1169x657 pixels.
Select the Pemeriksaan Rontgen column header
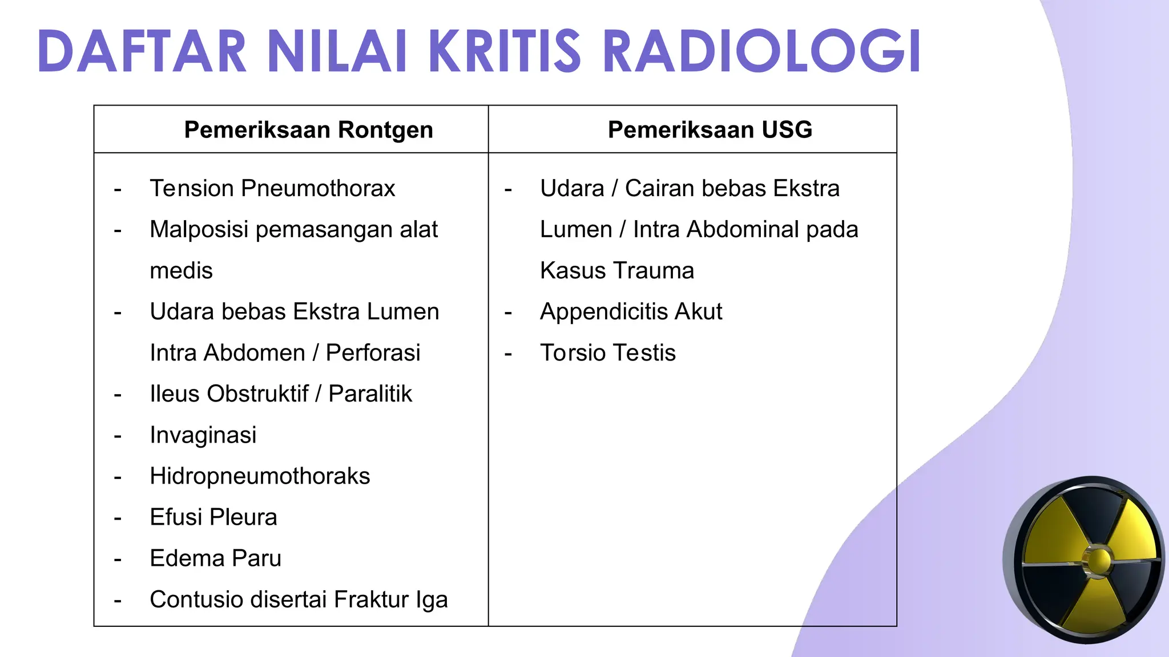tap(308, 129)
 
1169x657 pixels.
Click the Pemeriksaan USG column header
tap(710, 129)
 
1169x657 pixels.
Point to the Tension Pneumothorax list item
tap(272, 188)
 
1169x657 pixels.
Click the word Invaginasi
tap(203, 435)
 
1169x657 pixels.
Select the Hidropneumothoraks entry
tap(260, 476)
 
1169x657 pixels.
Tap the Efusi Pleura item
tap(213, 517)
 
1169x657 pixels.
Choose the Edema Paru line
tap(215, 558)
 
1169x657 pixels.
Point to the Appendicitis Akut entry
tap(631, 311)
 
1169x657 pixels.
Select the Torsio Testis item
tap(607, 352)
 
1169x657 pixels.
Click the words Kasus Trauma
tap(616, 270)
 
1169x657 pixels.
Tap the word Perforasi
tap(373, 352)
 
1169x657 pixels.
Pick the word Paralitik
tap(370, 394)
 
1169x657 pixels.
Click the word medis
tap(181, 270)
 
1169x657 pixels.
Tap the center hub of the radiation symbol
tap(1098, 560)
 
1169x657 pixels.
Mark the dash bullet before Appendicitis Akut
tap(508, 313)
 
